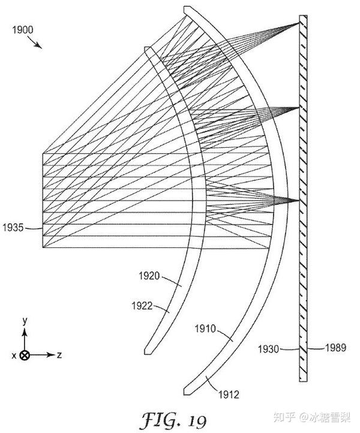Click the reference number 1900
coord(21,28)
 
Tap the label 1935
coord(13,227)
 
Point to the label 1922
coord(140,305)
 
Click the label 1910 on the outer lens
coord(205,330)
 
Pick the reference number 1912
coord(228,395)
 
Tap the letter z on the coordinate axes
coord(60,355)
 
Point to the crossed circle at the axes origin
coord(25,355)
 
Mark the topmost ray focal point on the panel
coord(300,23)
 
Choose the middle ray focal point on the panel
coord(298,107)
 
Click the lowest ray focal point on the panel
coord(298,200)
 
